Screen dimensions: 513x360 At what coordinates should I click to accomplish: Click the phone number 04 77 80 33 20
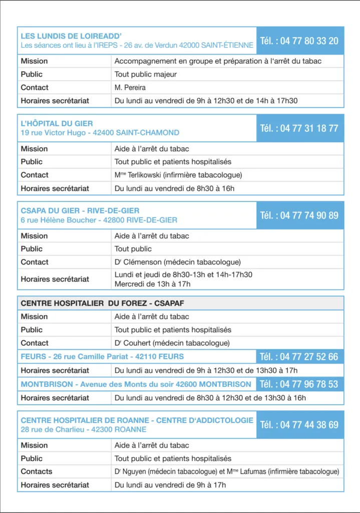coord(299,41)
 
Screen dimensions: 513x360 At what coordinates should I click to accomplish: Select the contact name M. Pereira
coord(130,88)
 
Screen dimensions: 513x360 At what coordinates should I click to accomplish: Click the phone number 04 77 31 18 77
coord(299,128)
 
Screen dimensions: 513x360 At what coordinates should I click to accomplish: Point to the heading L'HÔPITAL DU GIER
coord(57,123)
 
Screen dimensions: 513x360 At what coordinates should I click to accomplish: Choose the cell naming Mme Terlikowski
coord(178,175)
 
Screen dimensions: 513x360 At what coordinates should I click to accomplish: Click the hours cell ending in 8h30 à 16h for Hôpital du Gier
coord(174,188)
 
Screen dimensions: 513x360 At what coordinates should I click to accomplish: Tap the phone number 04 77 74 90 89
coord(299,215)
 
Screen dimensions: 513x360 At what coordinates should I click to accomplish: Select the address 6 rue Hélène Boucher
coord(99,220)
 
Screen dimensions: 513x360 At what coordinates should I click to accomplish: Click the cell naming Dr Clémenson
coord(178,262)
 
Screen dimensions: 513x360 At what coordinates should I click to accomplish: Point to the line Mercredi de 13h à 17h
coord(152,284)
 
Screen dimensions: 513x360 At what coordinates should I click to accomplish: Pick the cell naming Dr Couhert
coord(172,343)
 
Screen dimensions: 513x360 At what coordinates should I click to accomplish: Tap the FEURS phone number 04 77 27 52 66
coord(299,357)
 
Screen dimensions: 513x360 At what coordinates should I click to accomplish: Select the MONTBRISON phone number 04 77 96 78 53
coord(299,384)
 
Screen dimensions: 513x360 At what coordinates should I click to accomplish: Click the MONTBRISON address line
coord(136,384)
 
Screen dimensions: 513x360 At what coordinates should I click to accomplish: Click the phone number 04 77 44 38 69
coord(299,425)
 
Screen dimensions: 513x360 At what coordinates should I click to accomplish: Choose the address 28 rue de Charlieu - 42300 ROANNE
coord(84,429)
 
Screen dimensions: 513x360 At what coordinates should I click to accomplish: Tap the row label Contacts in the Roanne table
coord(37,471)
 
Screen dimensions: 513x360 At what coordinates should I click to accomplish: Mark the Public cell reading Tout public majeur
coord(146,74)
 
